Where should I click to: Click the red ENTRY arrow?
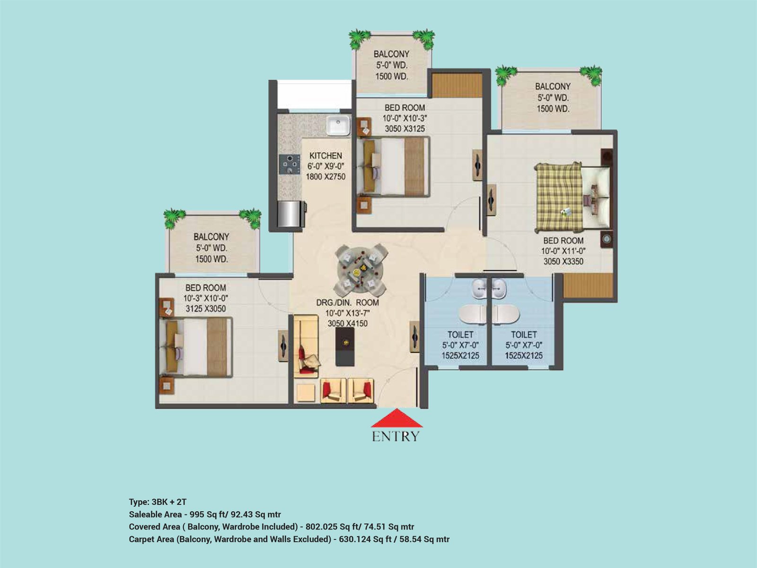click(x=396, y=418)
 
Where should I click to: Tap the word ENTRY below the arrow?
click(x=396, y=436)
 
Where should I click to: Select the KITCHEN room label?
click(x=326, y=156)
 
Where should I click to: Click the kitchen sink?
click(x=338, y=125)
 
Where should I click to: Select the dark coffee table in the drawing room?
click(x=345, y=346)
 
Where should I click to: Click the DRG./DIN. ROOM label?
click(x=348, y=302)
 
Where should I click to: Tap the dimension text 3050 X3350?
click(x=563, y=261)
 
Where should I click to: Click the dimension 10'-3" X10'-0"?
click(x=205, y=298)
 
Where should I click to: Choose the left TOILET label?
click(x=460, y=334)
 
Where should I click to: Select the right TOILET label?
click(x=524, y=334)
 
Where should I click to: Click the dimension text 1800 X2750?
click(x=326, y=177)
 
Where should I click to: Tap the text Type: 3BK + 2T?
click(x=158, y=502)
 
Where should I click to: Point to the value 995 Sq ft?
click(x=210, y=515)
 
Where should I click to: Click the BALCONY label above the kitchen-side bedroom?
click(x=391, y=54)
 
